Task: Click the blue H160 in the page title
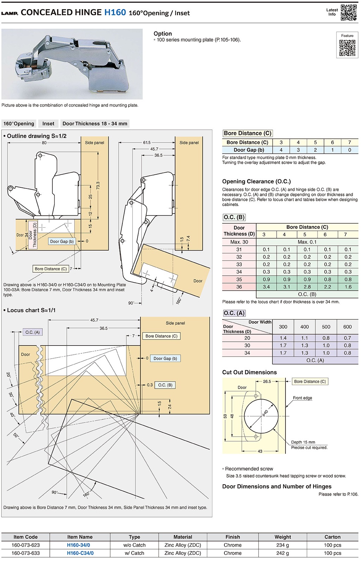[x=115, y=12]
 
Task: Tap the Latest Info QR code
[x=349, y=12]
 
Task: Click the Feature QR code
[x=347, y=48]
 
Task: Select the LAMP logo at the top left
[x=10, y=13]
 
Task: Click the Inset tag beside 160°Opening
[x=48, y=124]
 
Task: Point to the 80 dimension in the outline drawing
[x=44, y=143]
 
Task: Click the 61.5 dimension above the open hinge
[x=147, y=143]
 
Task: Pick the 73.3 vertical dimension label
[x=98, y=186]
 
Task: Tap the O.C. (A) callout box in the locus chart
[x=32, y=332]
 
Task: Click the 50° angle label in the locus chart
[x=16, y=435]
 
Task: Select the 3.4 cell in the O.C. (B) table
[x=266, y=287]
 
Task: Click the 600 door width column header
[x=347, y=327]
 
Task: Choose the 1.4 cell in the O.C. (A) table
[x=283, y=338]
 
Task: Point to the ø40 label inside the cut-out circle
[x=265, y=413]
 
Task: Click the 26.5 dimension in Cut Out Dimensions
[x=267, y=382]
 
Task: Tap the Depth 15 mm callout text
[x=303, y=442]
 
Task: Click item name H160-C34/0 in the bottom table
[x=80, y=553]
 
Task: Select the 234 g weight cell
[x=283, y=545]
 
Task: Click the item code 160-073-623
[x=25, y=545]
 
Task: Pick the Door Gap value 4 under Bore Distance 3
[x=281, y=150]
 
